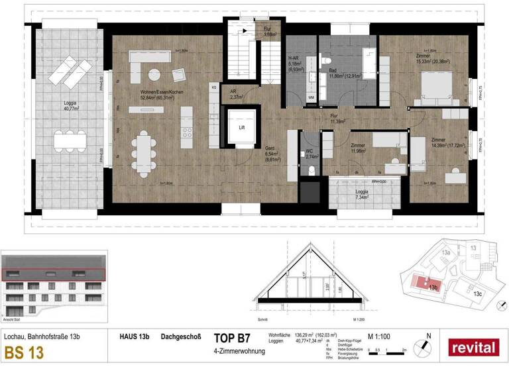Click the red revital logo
pos(473,346)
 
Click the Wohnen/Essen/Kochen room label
pos(156,95)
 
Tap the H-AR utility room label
pos(296,64)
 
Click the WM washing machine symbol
pos(311,97)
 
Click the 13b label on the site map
pos(433,288)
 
